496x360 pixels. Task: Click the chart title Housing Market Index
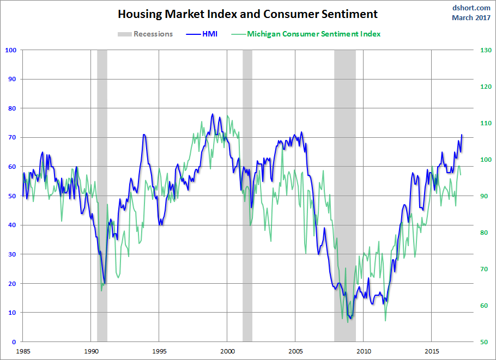pyautogui.click(x=247, y=14)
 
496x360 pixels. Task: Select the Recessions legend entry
pyautogui.click(x=145, y=34)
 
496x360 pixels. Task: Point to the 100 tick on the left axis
pyautogui.click(x=11, y=50)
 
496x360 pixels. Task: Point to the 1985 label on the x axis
pyautogui.click(x=23, y=351)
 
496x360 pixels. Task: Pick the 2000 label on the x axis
pyautogui.click(x=227, y=351)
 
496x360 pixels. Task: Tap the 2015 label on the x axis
pyautogui.click(x=432, y=351)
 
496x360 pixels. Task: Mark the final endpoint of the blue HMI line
pyautogui.click(x=462, y=135)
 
